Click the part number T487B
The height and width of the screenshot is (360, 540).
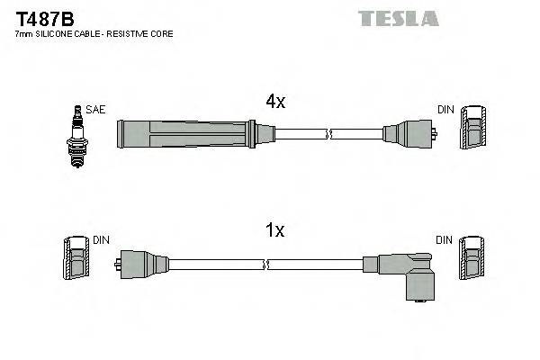(44, 18)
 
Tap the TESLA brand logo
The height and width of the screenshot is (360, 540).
(398, 18)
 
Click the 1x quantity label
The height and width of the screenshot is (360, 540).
(274, 231)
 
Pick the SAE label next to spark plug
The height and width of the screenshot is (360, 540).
(96, 110)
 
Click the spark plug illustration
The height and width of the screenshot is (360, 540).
(76, 136)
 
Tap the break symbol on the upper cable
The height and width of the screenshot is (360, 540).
(330, 135)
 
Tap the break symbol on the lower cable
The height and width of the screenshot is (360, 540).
(266, 265)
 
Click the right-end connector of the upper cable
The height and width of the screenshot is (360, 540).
(409, 135)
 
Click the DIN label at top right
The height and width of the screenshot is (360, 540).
(445, 110)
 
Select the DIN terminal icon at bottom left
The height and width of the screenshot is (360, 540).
(76, 259)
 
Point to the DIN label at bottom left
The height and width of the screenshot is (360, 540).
(101, 240)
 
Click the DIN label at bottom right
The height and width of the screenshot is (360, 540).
(445, 240)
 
